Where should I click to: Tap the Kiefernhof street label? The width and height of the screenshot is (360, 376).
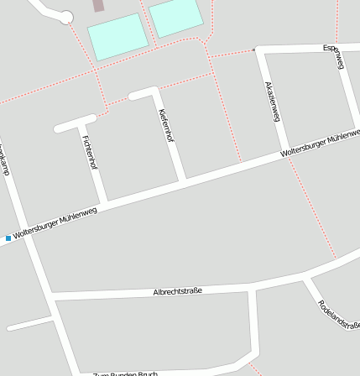[x=166, y=124]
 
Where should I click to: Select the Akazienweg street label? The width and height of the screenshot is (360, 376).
[x=271, y=102]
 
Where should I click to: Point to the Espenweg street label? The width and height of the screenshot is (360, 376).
[x=335, y=55]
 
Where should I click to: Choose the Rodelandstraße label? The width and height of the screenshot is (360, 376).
[x=339, y=313]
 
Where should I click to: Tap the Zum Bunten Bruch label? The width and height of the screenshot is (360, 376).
[x=125, y=373]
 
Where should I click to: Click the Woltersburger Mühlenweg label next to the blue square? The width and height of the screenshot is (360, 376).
[x=55, y=223]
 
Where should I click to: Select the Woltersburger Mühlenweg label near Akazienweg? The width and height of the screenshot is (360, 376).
[x=320, y=144]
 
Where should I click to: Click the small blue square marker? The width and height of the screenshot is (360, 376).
[x=8, y=238]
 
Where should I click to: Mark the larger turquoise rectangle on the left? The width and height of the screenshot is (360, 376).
[x=118, y=36]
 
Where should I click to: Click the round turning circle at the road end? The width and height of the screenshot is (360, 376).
[x=66, y=16]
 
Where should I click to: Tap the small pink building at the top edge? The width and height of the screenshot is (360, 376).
[x=98, y=5]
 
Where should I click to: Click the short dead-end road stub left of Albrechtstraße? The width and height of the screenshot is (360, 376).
[x=29, y=324]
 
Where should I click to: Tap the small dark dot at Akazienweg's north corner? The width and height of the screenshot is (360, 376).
[x=253, y=50]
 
